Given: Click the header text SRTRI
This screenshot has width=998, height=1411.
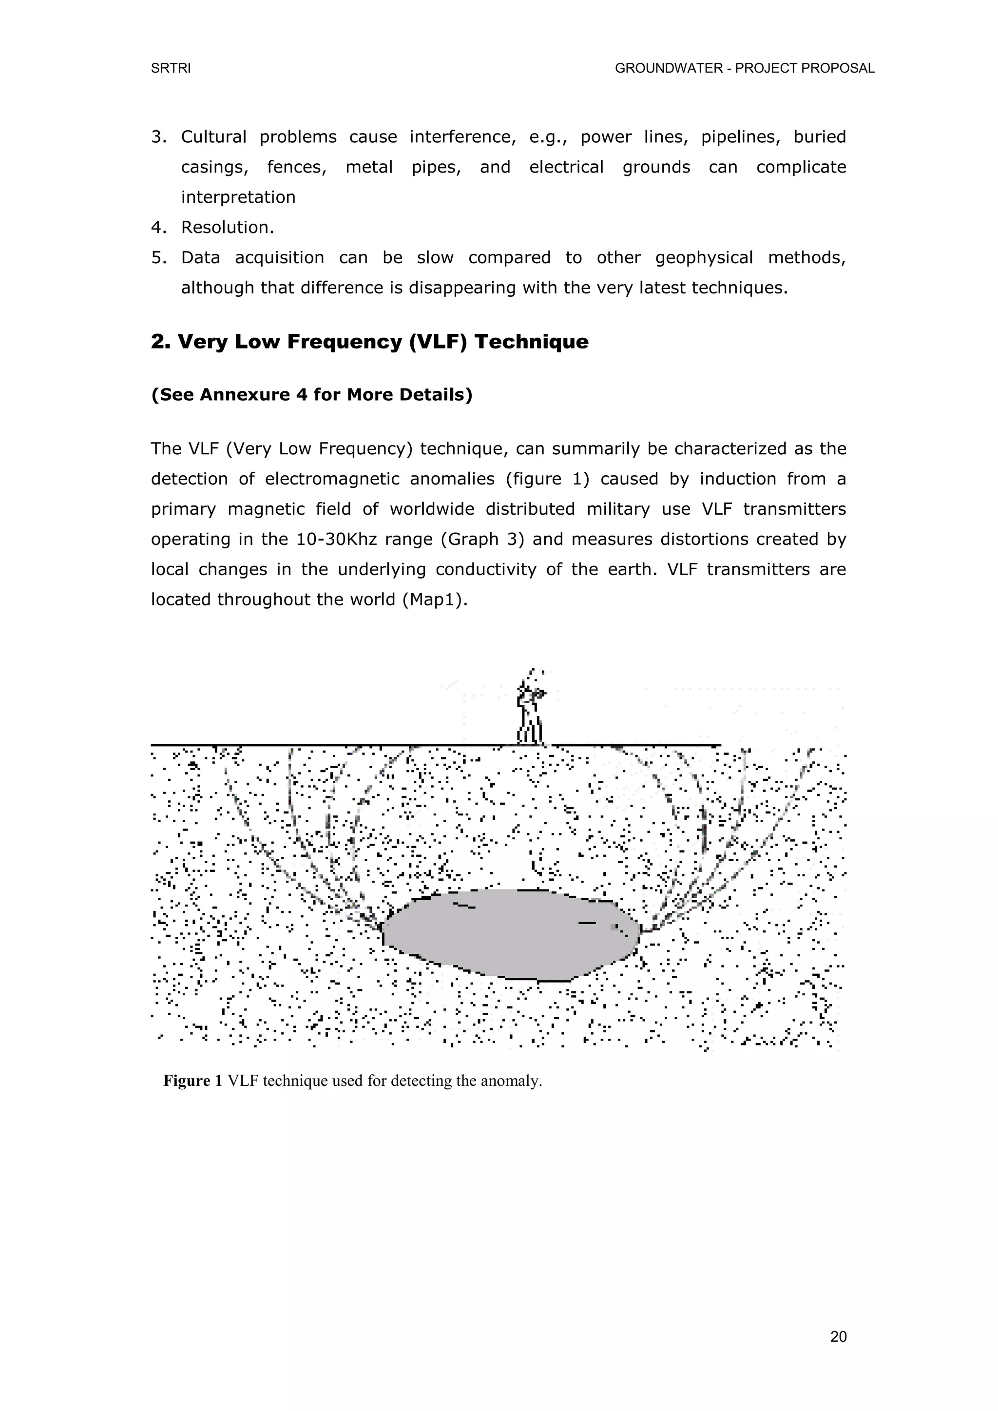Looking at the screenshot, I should click(171, 69).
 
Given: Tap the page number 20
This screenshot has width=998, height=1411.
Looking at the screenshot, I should click(838, 1336).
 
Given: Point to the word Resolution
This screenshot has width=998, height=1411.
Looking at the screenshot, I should click(227, 228).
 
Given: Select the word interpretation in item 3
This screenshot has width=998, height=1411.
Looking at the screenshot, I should click(238, 197).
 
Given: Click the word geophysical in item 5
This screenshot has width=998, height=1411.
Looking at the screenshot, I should click(704, 257).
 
